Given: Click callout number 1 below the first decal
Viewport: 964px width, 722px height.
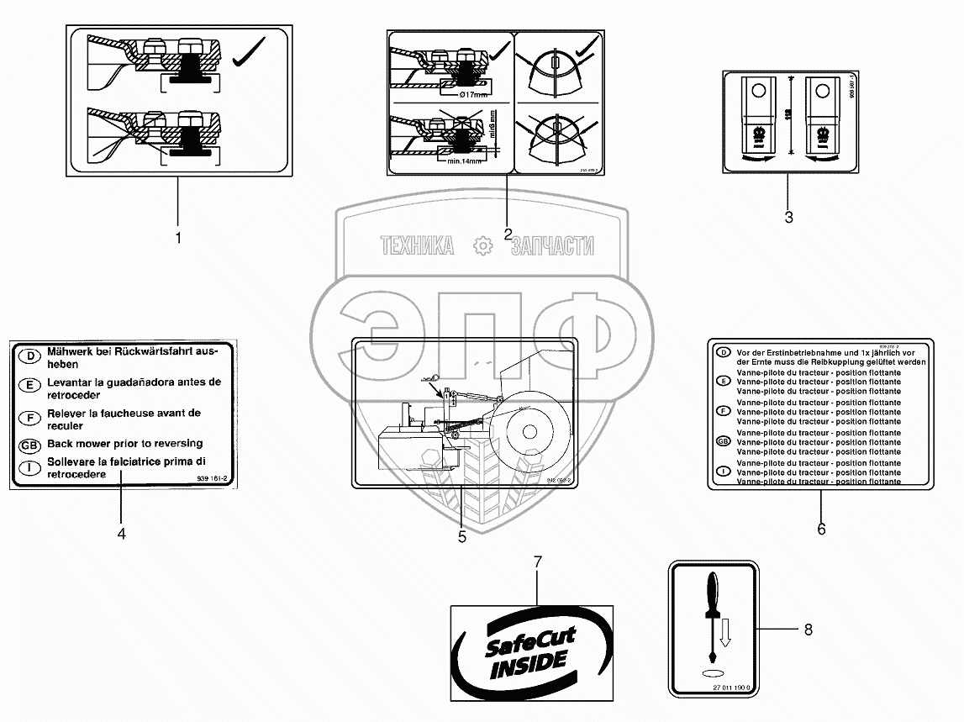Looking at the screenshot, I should [178, 238].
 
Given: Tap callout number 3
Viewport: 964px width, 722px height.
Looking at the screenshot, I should [788, 217].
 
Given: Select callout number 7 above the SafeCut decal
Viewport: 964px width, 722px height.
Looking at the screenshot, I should [538, 561].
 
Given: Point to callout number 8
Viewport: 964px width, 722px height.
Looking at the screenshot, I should [808, 629].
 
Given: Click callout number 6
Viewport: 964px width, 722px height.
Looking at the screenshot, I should [821, 529].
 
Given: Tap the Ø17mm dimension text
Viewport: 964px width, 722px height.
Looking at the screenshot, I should [462, 94].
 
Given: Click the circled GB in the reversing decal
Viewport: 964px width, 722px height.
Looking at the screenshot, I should [29, 445].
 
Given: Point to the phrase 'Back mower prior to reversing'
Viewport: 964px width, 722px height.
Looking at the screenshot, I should [124, 444].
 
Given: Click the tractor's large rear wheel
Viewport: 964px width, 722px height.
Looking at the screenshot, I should [530, 433].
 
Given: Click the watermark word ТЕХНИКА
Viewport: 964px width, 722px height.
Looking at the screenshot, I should [416, 245].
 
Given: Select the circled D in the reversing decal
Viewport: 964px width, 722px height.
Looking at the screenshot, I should [29, 357].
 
